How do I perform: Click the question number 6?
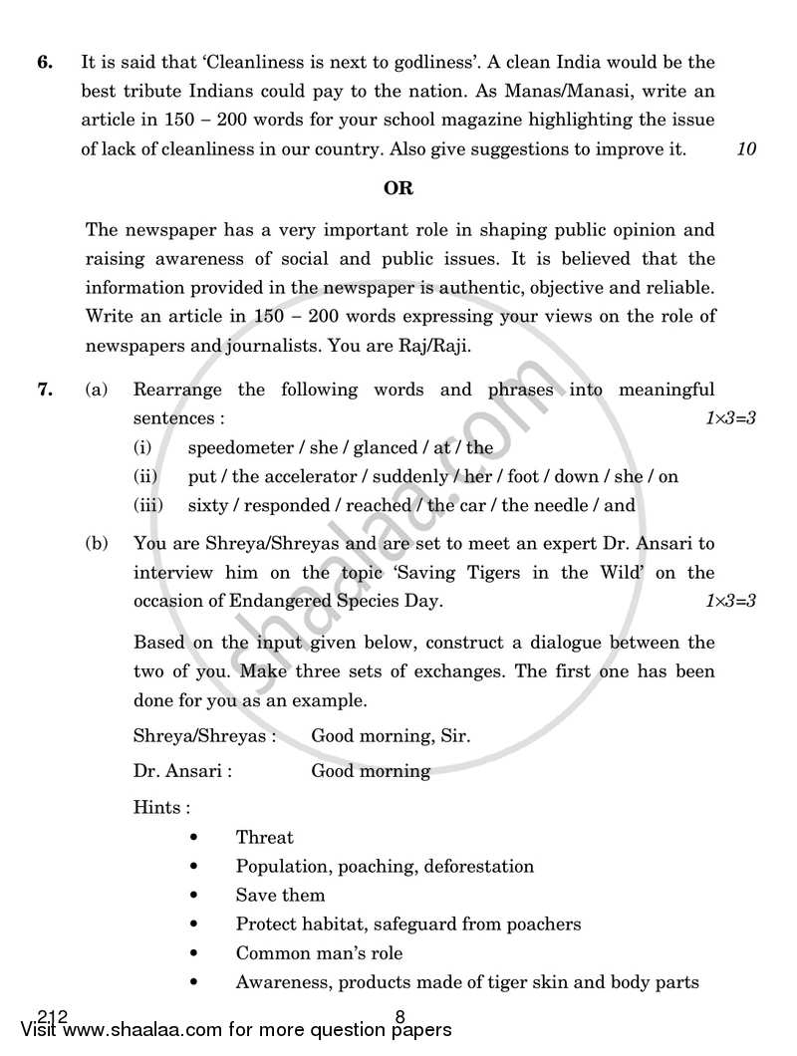pyautogui.click(x=44, y=63)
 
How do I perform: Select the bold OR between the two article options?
pyautogui.click(x=398, y=187)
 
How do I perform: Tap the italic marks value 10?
pyautogui.click(x=746, y=149)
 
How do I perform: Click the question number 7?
pyautogui.click(x=44, y=391)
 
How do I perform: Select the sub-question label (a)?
pyautogui.click(x=97, y=391)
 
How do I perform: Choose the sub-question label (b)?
pyautogui.click(x=97, y=544)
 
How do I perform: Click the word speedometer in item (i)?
pyautogui.click(x=240, y=448)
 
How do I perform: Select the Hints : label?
pyautogui.click(x=161, y=807)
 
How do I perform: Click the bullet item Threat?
pyautogui.click(x=264, y=838)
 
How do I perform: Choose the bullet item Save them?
pyautogui.click(x=280, y=896)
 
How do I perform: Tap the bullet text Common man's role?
pyautogui.click(x=319, y=953)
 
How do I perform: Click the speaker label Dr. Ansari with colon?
pyautogui.click(x=182, y=771)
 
